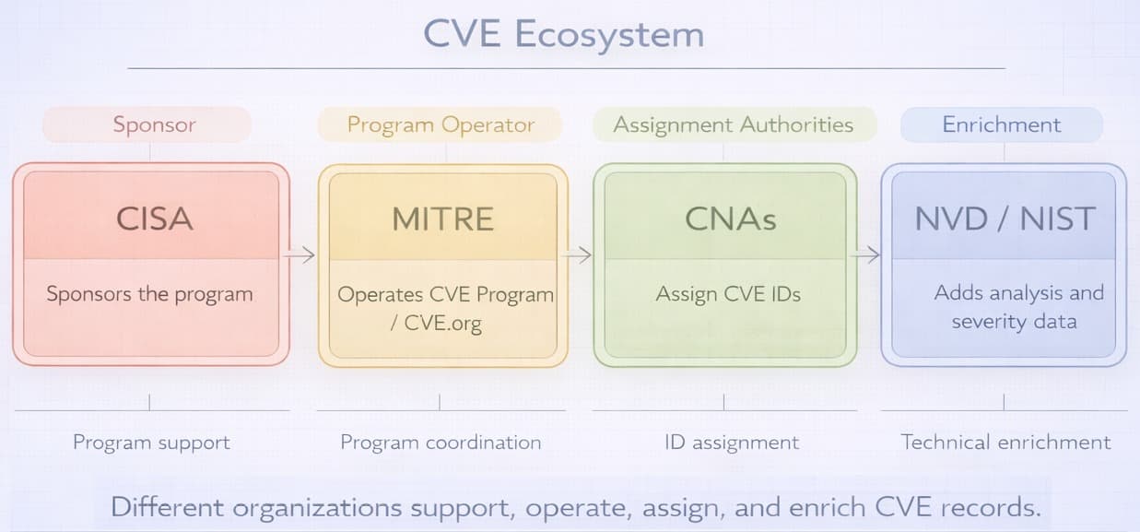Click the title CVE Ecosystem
[563, 34]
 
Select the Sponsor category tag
[154, 124]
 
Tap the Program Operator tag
[441, 124]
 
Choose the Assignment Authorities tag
[733, 124]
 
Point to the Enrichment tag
[1001, 124]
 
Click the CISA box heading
[154, 219]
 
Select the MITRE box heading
[442, 219]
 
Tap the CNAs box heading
[730, 219]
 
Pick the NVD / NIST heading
[1004, 219]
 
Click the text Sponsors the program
[149, 295]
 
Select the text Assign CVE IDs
[728, 295]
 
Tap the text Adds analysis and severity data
[1017, 307]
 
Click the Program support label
[151, 443]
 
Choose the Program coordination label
[441, 443]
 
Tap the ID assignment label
[732, 443]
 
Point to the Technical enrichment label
[1005, 443]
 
